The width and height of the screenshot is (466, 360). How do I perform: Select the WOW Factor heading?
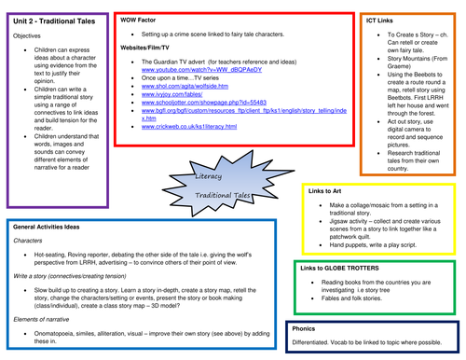141,19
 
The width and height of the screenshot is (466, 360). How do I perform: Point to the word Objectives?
26,35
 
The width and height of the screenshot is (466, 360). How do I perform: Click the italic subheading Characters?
28,240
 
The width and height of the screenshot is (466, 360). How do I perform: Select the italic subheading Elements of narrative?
46,320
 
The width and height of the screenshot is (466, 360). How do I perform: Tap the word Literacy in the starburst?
213,176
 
